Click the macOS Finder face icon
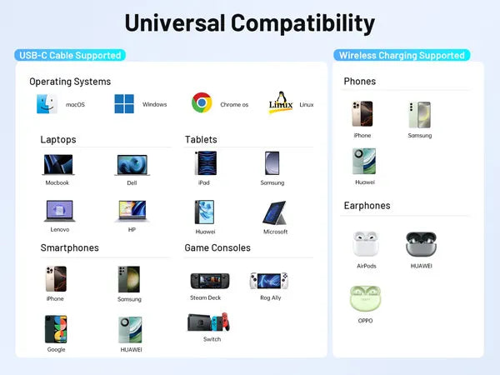47,103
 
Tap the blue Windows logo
124,103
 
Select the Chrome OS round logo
202,102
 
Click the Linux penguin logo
281,102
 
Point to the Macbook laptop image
58,165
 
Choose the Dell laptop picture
132,165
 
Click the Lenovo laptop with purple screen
59,211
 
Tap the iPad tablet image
206,163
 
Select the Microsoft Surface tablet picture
275,213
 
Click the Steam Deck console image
209,281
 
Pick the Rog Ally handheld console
269,281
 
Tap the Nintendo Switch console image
208,322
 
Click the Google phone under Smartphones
56,329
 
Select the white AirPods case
366,244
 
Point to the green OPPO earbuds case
365,298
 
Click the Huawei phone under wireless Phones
364,161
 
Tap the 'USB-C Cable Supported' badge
70,55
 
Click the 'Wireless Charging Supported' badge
402,55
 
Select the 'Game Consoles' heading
217,247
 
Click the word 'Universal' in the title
175,23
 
